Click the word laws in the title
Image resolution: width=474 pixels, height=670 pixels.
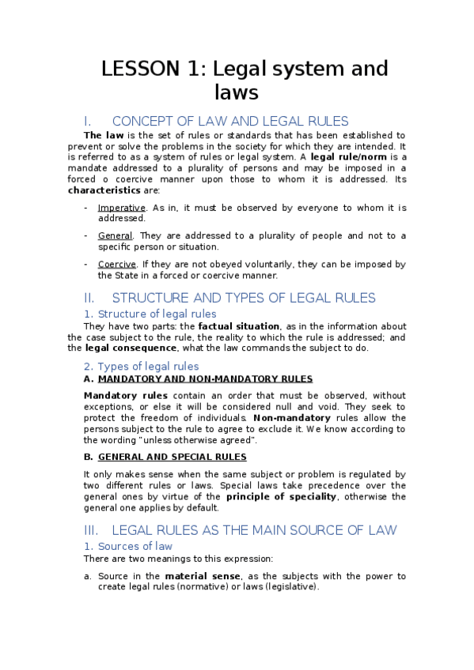(x=237, y=92)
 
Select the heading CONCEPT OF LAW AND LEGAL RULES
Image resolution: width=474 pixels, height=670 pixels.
(x=230, y=121)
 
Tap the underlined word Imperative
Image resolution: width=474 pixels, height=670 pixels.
(x=121, y=208)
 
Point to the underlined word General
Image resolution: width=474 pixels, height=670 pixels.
(x=116, y=235)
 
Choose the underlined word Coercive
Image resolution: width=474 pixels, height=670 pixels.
(x=116, y=264)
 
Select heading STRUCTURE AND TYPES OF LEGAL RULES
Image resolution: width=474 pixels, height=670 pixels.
(x=244, y=298)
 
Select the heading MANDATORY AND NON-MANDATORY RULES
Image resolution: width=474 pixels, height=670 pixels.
(x=205, y=379)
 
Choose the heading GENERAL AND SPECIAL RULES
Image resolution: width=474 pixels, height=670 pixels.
(x=172, y=457)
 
